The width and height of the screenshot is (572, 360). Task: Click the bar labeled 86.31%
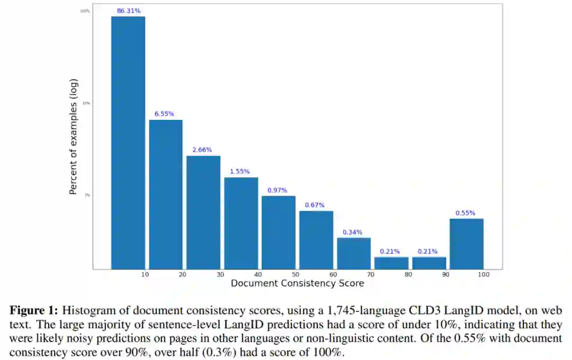[x=128, y=142]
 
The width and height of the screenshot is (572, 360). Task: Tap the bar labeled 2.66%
[x=203, y=212]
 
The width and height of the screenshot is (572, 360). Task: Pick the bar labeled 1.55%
[x=241, y=223]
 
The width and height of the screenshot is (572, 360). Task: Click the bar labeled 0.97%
[x=279, y=232]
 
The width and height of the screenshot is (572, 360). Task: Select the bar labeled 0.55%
[x=467, y=244]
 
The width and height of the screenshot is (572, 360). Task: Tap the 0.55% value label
[x=466, y=213]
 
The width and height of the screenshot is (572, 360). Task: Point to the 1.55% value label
[x=240, y=172]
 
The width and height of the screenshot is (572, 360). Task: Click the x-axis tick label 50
[x=296, y=274]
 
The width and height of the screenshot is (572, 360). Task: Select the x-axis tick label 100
[x=483, y=274]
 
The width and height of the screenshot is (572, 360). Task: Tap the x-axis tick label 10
[x=145, y=274]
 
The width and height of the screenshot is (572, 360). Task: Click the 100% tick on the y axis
[x=85, y=11]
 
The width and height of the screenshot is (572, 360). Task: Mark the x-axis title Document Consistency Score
[x=297, y=283]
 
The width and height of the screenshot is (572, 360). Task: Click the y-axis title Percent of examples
[x=74, y=136]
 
